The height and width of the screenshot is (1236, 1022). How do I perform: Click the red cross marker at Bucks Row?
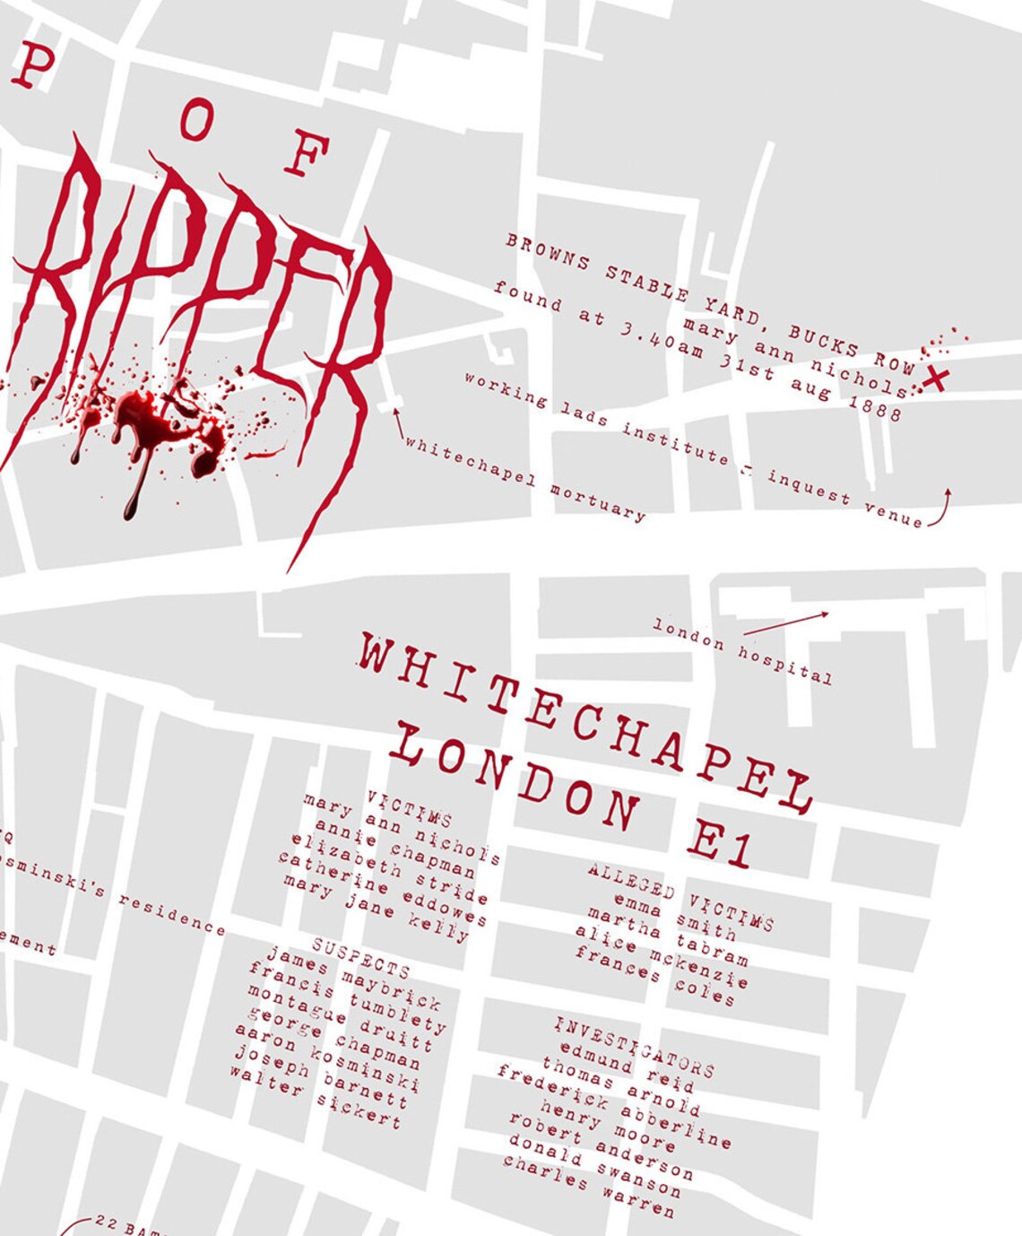[x=934, y=379]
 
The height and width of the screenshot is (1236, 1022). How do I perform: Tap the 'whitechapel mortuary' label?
[x=525, y=478]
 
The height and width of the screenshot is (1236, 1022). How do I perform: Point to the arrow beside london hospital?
[x=786, y=623]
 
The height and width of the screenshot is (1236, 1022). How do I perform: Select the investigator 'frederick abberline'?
[x=614, y=1106]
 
